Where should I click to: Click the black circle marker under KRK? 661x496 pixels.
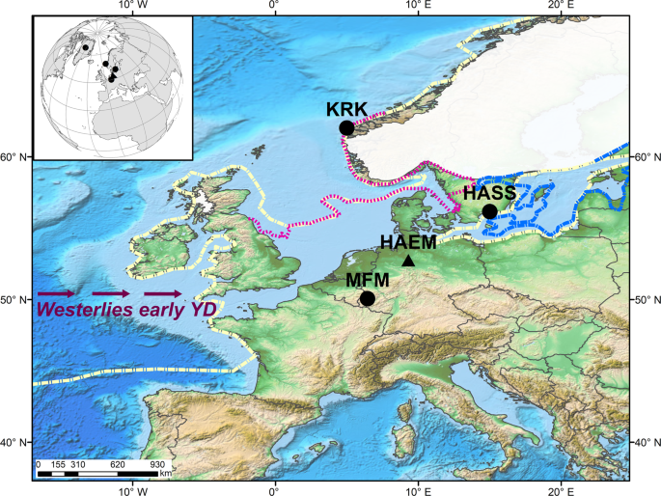(x=346, y=127)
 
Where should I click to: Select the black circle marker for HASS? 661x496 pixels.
(x=489, y=211)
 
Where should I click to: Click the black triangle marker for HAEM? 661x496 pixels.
(x=408, y=261)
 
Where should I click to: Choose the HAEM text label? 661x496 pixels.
(x=409, y=241)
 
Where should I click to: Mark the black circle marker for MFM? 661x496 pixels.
(x=367, y=298)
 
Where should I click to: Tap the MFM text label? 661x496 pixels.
(x=369, y=280)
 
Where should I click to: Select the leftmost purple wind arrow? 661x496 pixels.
(x=56, y=292)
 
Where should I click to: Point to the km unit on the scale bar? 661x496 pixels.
(x=165, y=474)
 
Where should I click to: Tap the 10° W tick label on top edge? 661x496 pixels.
(x=131, y=6)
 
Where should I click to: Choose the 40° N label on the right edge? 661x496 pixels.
(x=645, y=443)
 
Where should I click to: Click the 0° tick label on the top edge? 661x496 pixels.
(x=274, y=6)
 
